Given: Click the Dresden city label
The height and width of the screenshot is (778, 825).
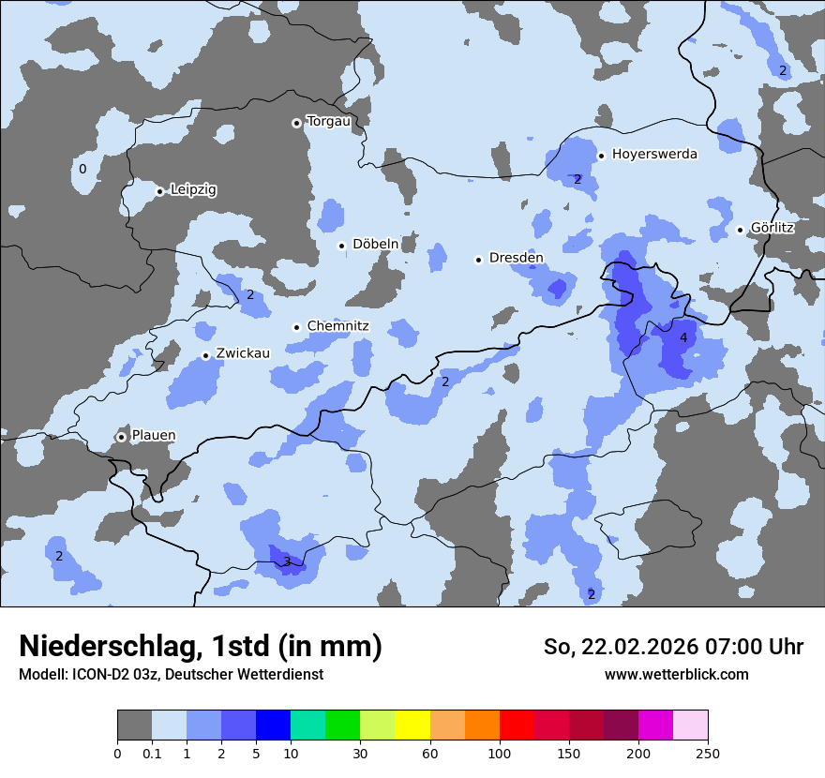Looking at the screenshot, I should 516,258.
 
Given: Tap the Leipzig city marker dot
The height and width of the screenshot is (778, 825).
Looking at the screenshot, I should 160,191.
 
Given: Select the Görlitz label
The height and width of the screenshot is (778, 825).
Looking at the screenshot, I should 772,228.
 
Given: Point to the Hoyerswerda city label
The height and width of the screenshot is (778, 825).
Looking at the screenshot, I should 654,154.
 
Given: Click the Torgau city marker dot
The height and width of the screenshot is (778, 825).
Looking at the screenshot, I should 296,123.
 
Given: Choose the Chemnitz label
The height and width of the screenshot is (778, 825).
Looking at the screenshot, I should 337,326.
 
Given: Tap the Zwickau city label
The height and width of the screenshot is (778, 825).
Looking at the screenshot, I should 243,353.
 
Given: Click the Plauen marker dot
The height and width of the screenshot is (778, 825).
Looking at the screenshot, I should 122,437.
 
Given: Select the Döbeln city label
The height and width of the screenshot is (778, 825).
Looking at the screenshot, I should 375,245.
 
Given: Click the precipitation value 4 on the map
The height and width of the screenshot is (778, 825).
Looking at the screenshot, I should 683,337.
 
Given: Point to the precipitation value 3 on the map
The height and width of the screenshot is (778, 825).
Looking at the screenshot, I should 287,561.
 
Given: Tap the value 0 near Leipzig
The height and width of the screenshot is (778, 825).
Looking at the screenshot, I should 82,169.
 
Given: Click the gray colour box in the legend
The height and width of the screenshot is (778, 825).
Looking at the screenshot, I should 134,726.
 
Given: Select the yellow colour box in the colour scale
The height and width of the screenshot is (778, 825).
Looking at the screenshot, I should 412,726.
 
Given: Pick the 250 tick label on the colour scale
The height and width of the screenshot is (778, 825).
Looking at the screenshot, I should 708,754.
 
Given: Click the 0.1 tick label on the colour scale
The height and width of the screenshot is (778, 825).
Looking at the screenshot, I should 152,754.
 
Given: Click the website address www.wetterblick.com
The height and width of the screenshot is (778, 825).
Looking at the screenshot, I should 676,674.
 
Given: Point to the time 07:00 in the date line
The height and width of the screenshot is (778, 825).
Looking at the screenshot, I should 721,647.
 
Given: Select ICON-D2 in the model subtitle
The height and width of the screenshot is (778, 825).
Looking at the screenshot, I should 97,674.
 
